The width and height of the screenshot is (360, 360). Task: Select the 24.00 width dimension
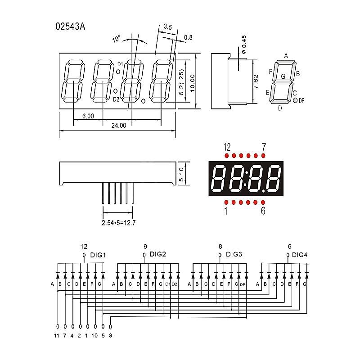click(118, 126)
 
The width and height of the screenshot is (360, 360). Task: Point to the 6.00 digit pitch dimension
click(88, 116)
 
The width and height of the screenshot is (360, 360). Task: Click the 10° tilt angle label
click(117, 39)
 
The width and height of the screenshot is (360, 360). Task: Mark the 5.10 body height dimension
click(181, 173)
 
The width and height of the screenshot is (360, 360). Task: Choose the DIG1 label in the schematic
click(98, 255)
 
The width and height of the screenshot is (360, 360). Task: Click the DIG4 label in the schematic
click(300, 255)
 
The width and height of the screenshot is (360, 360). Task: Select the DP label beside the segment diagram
click(301, 101)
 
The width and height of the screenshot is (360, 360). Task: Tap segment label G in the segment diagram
click(283, 76)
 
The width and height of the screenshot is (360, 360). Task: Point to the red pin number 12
click(227, 147)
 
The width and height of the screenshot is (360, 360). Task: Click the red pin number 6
click(263, 211)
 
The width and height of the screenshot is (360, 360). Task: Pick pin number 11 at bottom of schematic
click(57, 335)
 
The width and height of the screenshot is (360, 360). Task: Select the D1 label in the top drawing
click(120, 64)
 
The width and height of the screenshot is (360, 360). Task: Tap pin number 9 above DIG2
click(145, 246)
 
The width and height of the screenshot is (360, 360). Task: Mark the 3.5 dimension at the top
click(167, 27)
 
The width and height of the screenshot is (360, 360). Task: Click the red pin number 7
click(264, 147)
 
